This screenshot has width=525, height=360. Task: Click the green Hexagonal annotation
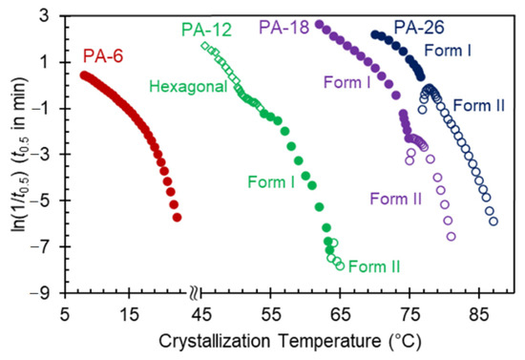point(187,87)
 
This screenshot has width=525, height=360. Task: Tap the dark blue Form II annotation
point(480,104)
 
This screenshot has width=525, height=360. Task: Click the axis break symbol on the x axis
point(195,293)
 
